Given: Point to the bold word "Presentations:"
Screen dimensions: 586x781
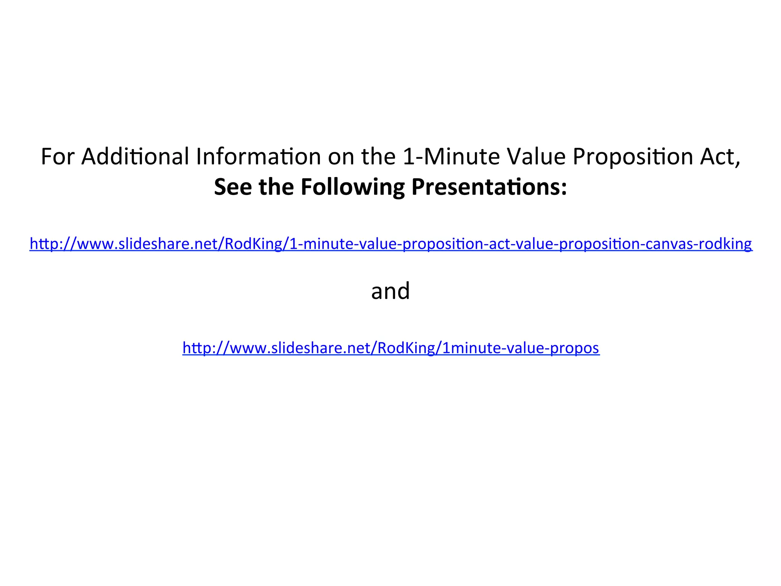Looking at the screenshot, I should click(x=489, y=187).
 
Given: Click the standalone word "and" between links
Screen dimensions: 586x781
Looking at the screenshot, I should click(x=390, y=291).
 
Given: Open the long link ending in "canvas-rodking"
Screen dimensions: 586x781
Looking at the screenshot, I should click(x=390, y=243).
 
